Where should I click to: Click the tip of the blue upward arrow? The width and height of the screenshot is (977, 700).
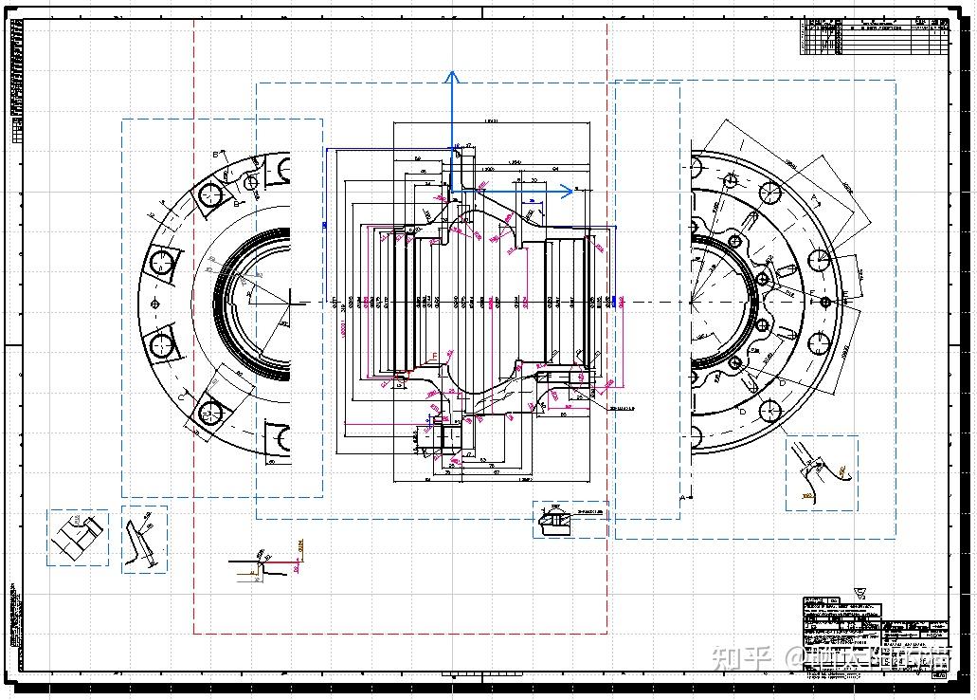453,73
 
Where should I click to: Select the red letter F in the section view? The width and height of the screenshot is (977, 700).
435,357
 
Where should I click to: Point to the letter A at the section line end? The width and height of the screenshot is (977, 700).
681,497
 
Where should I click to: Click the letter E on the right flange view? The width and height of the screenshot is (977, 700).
811,291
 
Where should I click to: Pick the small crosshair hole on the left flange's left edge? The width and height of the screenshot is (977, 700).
155,304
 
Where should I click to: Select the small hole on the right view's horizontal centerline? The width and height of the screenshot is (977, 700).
826,302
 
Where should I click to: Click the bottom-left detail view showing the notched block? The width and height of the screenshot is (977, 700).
77,538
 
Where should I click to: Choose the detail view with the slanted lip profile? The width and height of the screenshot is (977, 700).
144,539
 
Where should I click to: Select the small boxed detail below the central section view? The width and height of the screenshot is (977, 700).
570,519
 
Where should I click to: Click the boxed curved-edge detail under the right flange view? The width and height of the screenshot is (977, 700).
821,472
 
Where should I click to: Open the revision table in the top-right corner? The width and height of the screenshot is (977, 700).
875,37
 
